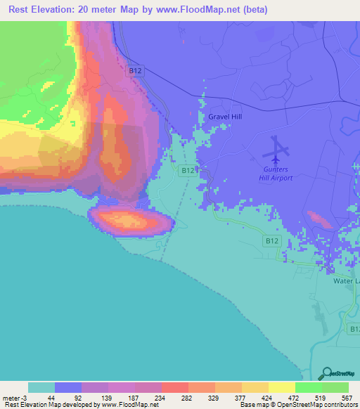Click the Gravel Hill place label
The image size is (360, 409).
[x=225, y=117]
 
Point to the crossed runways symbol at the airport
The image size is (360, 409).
[x=278, y=147]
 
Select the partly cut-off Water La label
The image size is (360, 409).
[x=346, y=280]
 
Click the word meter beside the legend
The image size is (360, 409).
[x=11, y=398]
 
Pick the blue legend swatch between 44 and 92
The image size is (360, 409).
[x=68, y=387]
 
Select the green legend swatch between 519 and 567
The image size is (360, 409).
[x=335, y=387]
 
